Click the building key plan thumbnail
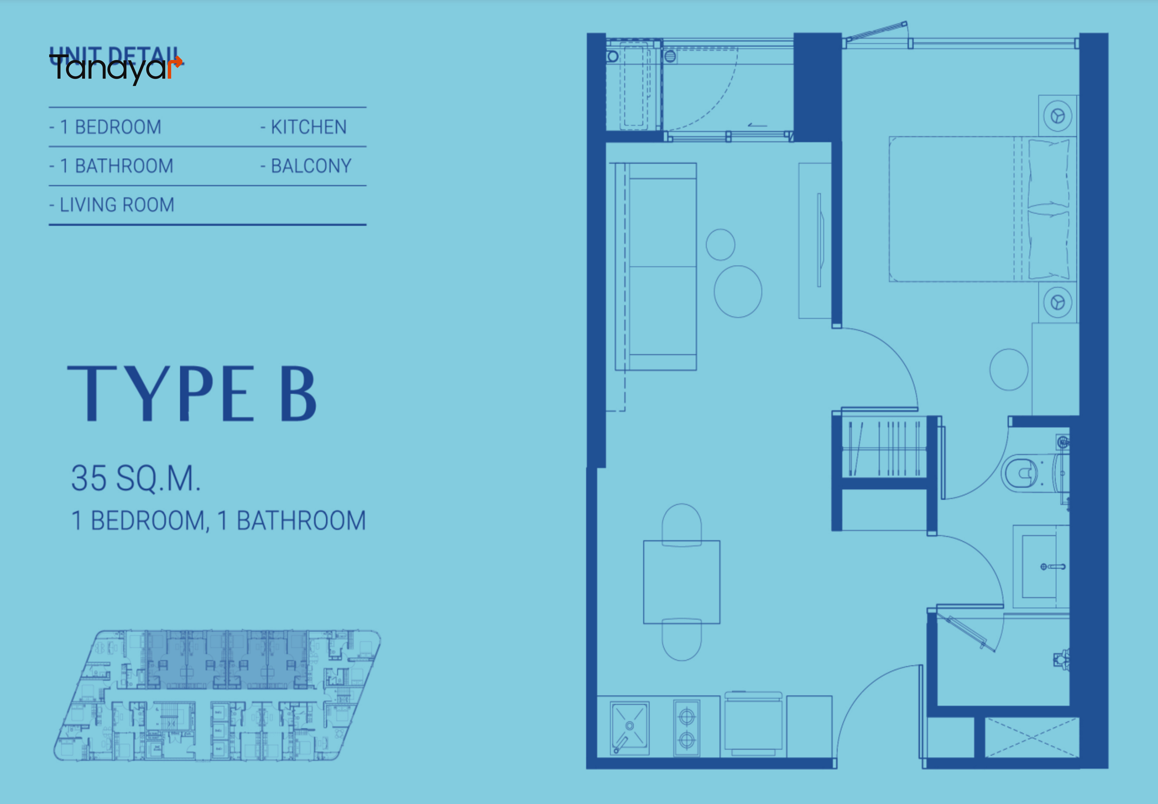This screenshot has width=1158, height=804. pos(217,695)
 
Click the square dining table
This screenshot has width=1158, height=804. pos(681,582)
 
